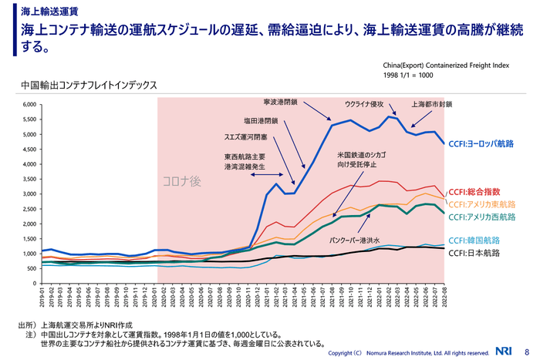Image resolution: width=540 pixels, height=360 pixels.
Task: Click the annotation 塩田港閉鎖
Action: [x=261, y=120]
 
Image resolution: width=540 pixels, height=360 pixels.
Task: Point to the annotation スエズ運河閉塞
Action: [x=245, y=138]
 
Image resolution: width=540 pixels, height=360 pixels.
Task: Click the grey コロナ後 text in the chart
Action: [x=181, y=182]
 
